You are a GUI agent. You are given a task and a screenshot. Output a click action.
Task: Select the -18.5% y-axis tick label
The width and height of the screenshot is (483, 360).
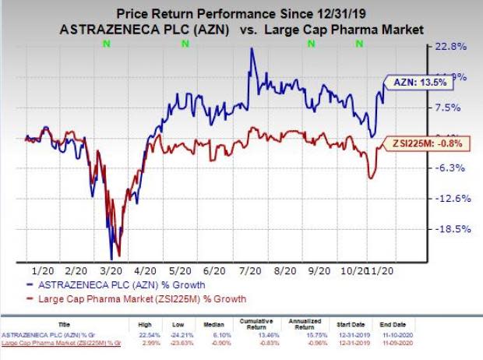(x=451, y=229)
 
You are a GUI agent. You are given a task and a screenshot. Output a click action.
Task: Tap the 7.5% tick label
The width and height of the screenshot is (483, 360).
(x=450, y=108)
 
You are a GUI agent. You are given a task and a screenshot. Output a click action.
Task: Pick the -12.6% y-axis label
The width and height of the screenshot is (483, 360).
(x=451, y=199)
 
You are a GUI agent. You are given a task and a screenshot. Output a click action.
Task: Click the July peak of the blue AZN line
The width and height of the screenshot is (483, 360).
(x=251, y=49)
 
